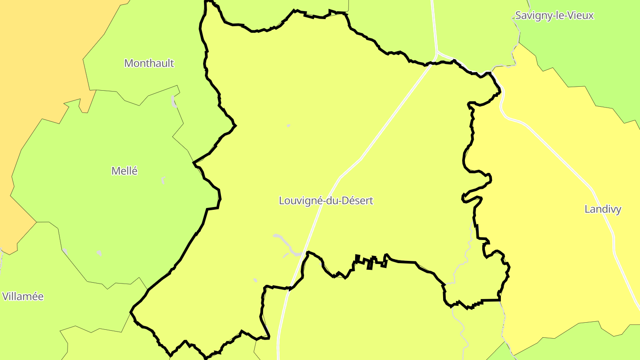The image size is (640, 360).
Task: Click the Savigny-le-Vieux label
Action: [554, 16]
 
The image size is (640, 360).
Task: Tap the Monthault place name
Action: [149, 63]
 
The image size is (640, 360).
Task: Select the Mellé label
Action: [124, 171]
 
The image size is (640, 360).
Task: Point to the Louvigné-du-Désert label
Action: [326, 200]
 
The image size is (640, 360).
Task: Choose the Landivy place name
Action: [603, 209]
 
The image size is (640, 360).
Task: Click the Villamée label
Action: [23, 296]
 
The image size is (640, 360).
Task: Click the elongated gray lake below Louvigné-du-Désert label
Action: [284, 242]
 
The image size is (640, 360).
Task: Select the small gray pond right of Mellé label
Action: [164, 180]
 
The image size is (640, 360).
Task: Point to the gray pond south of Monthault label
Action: [174, 101]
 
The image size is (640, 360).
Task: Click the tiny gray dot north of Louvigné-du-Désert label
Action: [288, 126]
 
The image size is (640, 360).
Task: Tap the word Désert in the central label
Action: [358, 200]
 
